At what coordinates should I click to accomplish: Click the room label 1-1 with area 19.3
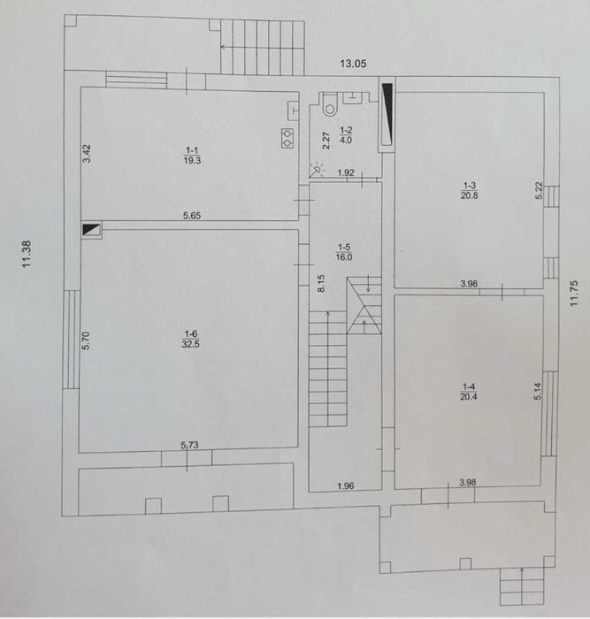pyautogui.click(x=192, y=155)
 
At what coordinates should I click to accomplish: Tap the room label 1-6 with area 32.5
pyautogui.click(x=190, y=339)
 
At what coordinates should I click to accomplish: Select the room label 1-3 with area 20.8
pyautogui.click(x=469, y=190)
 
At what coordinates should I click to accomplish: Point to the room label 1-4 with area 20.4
pyautogui.click(x=468, y=392)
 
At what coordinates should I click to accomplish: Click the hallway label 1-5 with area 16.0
pyautogui.click(x=344, y=252)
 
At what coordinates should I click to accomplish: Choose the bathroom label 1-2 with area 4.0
pyautogui.click(x=346, y=135)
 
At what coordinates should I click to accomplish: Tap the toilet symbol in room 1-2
pyautogui.click(x=330, y=104)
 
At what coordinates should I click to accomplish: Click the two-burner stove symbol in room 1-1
pyautogui.click(x=287, y=138)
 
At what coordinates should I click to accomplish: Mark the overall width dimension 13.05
pyautogui.click(x=354, y=64)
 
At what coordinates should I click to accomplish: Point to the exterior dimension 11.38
pyautogui.click(x=27, y=255)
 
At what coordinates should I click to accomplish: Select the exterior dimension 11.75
pyautogui.click(x=574, y=293)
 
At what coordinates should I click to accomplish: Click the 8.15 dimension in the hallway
pyautogui.click(x=321, y=283)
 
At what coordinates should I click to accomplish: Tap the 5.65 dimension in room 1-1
pyautogui.click(x=192, y=216)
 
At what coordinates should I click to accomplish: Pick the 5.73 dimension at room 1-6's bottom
pyautogui.click(x=189, y=446)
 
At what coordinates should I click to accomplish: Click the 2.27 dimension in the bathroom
pyautogui.click(x=326, y=140)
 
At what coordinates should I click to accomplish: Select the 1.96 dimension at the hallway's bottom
pyautogui.click(x=346, y=486)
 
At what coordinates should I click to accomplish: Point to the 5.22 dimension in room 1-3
pyautogui.click(x=540, y=190)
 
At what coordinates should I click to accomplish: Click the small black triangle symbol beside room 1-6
pyautogui.click(x=92, y=229)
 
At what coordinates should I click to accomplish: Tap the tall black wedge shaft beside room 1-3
pyautogui.click(x=387, y=113)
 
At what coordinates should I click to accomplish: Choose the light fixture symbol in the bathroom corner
pyautogui.click(x=317, y=170)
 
